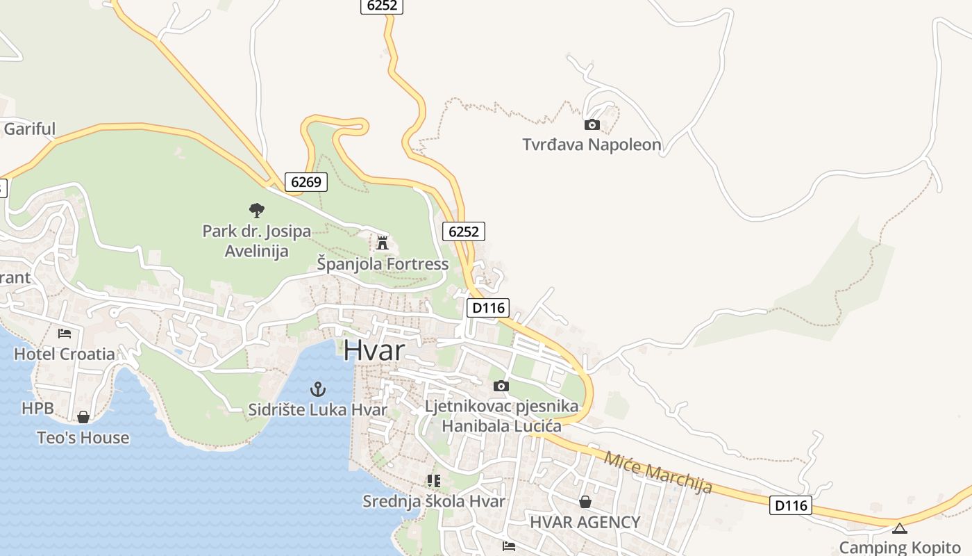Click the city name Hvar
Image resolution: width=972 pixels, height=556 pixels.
(x=374, y=350)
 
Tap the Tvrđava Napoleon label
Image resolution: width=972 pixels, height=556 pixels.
(x=592, y=145)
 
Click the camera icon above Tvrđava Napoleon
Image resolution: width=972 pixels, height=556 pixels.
(x=592, y=125)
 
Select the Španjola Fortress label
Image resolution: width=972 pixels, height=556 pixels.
(x=383, y=264)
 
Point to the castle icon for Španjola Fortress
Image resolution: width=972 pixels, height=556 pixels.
(x=382, y=243)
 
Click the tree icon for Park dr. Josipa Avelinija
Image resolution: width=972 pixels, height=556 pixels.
(x=257, y=210)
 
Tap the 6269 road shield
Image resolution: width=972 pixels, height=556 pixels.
(x=305, y=182)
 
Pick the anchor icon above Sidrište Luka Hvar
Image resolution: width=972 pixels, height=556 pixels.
(x=317, y=389)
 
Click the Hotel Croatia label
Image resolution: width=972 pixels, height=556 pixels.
(x=65, y=354)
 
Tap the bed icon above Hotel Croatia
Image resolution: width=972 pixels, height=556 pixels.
(x=65, y=334)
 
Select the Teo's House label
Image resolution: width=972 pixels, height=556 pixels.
(x=83, y=438)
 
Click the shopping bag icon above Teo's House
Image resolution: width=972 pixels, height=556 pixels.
(x=83, y=417)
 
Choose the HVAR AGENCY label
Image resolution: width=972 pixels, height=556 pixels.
(x=585, y=522)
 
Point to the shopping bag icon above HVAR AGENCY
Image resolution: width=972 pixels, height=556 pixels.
(x=585, y=502)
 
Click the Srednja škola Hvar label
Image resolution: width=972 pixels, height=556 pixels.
(x=434, y=501)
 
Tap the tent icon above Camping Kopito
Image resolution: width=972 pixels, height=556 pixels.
(x=900, y=528)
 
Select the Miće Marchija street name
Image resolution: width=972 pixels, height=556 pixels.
(x=657, y=473)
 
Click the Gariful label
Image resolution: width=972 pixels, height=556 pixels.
(x=29, y=129)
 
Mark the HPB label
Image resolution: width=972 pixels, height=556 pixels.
(x=37, y=408)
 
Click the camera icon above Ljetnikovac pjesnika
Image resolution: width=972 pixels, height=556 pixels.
(x=501, y=386)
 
